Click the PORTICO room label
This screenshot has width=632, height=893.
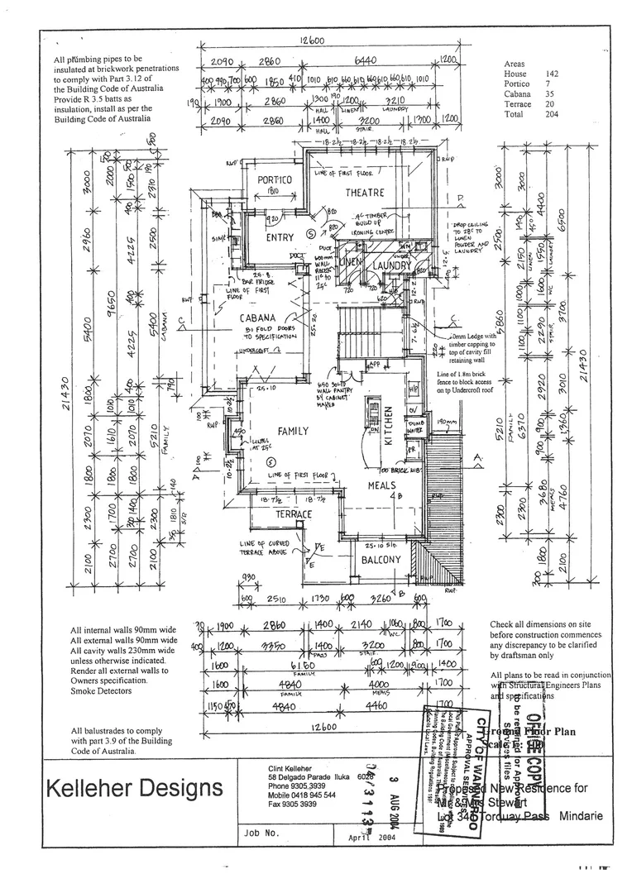[x=275, y=180]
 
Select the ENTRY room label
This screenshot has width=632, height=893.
[x=280, y=237]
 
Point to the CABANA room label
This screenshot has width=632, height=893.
[x=257, y=318]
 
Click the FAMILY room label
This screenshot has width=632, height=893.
[x=292, y=431]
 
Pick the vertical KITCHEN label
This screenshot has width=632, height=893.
[x=387, y=427]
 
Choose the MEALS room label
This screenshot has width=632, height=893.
[x=382, y=485]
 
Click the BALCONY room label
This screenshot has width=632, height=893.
[x=380, y=560]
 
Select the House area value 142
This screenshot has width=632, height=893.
[x=551, y=74]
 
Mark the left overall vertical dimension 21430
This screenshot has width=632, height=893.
[x=64, y=389]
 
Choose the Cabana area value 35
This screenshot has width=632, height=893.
[x=553, y=94]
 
